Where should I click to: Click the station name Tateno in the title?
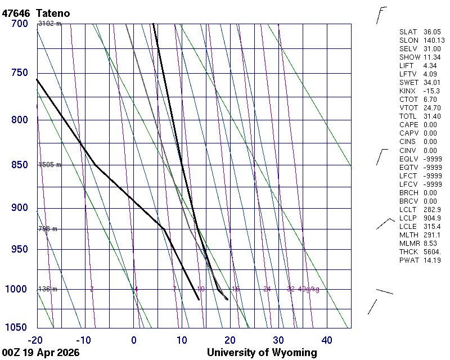point(55,12)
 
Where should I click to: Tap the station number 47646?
point(17,12)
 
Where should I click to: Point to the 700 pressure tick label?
point(19,24)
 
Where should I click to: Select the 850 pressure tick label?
point(19,165)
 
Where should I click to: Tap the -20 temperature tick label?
point(35,340)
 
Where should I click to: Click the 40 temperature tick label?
point(327,340)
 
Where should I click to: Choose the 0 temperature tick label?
point(134,340)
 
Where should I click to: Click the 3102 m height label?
point(49,24)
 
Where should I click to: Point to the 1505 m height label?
point(49,165)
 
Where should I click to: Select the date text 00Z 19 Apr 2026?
point(40,353)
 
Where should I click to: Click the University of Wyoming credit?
point(262,353)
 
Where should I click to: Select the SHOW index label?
point(409,57)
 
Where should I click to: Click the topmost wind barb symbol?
point(381,15)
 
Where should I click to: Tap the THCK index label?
point(409,251)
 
